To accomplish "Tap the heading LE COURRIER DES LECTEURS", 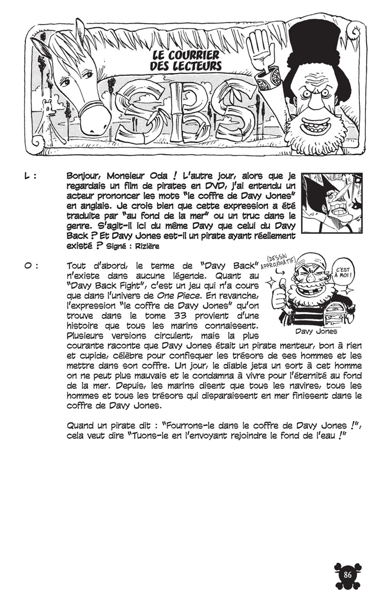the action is [186, 60].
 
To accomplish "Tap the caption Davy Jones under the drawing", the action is [316, 331].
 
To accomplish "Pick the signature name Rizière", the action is [147, 246].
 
